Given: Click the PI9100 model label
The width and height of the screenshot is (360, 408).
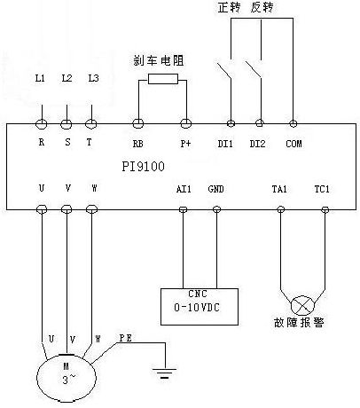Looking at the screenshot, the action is pyautogui.click(x=143, y=167).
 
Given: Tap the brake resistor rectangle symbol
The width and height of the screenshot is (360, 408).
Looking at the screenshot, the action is pyautogui.click(x=163, y=79).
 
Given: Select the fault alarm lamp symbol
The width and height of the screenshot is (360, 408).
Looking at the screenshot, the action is pyautogui.click(x=302, y=306).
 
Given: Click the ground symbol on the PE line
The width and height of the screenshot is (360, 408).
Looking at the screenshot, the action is pyautogui.click(x=164, y=373).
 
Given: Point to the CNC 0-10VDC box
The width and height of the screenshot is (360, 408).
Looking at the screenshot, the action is pyautogui.click(x=200, y=307).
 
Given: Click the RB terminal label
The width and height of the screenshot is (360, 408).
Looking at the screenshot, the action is pyautogui.click(x=137, y=144).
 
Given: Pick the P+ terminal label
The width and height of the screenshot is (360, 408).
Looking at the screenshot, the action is pyautogui.click(x=186, y=144).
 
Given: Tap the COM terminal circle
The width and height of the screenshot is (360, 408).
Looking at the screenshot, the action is pyautogui.click(x=293, y=123).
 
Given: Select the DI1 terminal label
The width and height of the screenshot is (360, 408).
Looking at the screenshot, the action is pyautogui.click(x=225, y=144).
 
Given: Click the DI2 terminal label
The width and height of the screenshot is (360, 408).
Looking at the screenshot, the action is pyautogui.click(x=257, y=144).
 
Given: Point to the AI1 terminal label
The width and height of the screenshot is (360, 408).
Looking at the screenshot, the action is pyautogui.click(x=184, y=189).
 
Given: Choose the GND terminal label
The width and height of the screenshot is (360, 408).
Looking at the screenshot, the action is pyautogui.click(x=215, y=189).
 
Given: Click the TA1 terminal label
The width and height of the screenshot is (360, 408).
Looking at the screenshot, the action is pyautogui.click(x=279, y=189).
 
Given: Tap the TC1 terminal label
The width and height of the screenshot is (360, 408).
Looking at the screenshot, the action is pyautogui.click(x=322, y=189).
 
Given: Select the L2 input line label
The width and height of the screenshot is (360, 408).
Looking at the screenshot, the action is pyautogui.click(x=67, y=78).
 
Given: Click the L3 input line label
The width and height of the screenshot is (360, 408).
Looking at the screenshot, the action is pyautogui.click(x=93, y=78).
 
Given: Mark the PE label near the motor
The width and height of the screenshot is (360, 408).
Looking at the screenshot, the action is pyautogui.click(x=125, y=338).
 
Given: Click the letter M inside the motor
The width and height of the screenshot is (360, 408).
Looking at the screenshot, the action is pyautogui.click(x=66, y=366).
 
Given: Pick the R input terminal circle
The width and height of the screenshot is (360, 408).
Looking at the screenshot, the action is pyautogui.click(x=42, y=124).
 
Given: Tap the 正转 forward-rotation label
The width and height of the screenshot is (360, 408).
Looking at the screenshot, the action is pyautogui.click(x=230, y=8).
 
